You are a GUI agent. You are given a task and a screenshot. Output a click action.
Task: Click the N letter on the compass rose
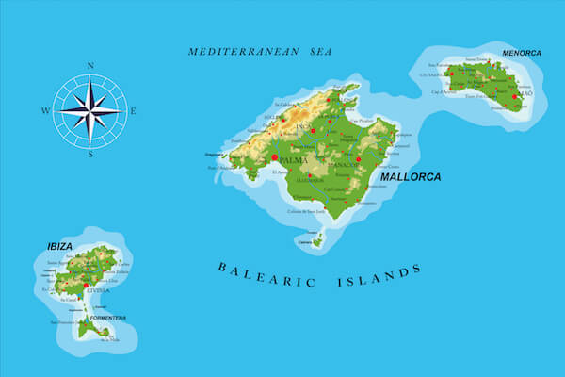click(90, 66)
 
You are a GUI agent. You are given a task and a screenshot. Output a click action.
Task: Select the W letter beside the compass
click(45, 110)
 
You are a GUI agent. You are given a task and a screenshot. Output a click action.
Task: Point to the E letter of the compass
click(134, 110)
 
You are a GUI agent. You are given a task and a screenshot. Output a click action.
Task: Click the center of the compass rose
click(89, 110)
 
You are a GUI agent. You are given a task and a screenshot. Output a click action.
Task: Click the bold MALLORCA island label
click(411, 176)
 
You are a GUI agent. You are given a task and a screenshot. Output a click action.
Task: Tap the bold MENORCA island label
click(523, 53)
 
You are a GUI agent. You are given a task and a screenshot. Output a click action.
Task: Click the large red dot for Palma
click(274, 158)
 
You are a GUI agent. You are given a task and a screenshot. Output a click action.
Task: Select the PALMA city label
click(297, 161)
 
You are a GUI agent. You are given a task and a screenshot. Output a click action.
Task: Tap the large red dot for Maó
click(515, 96)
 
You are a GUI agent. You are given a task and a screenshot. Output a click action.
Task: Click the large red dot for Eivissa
click(86, 284)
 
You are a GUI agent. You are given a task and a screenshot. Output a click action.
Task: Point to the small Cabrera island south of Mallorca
click(316, 241)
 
